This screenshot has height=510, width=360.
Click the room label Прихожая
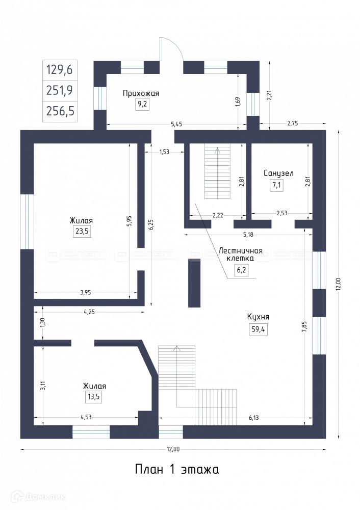[x=141, y=93]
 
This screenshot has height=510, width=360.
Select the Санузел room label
[x=278, y=173]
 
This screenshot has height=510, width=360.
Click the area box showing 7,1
[x=277, y=185]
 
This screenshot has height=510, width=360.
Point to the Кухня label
[x=258, y=317]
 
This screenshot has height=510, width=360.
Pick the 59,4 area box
[x=258, y=329]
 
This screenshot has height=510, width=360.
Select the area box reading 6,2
[x=241, y=271]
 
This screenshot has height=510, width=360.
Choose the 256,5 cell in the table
[x=60, y=112]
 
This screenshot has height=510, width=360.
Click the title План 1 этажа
[x=177, y=469]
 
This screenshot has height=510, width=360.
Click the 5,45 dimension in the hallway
[x=176, y=124]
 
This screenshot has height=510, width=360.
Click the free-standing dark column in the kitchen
[x=194, y=283]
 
